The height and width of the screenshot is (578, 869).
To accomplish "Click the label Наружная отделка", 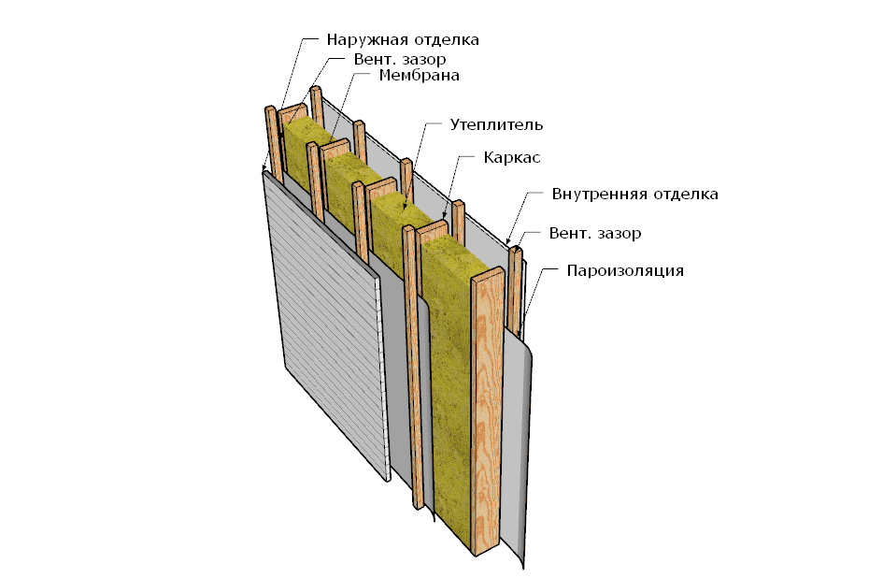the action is pos(403,40).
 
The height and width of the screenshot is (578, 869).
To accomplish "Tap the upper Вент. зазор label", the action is pos(400,59).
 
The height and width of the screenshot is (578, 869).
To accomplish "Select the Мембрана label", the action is pos(419,75).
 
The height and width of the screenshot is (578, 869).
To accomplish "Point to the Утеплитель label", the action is pos(496,124).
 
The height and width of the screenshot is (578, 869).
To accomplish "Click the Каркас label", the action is pos(512,157).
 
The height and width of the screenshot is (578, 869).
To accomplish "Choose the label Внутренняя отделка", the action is pos(635,195).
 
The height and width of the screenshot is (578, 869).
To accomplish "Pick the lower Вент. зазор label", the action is pos(595,233).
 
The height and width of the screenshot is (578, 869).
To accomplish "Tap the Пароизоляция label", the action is pos(625,271).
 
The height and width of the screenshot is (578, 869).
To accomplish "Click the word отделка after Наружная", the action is pos(444,40).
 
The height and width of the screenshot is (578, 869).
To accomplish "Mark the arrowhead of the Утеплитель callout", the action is pos(406,207).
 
